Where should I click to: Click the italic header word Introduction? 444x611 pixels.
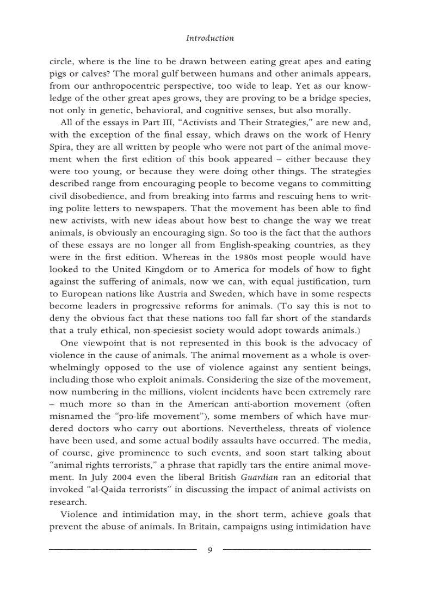[x=210, y=38]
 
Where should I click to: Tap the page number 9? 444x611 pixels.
[x=210, y=550]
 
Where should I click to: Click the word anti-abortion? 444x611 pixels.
[x=253, y=404]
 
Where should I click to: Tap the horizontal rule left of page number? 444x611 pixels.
[x=122, y=550]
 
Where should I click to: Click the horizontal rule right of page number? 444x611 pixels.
[x=297, y=550]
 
